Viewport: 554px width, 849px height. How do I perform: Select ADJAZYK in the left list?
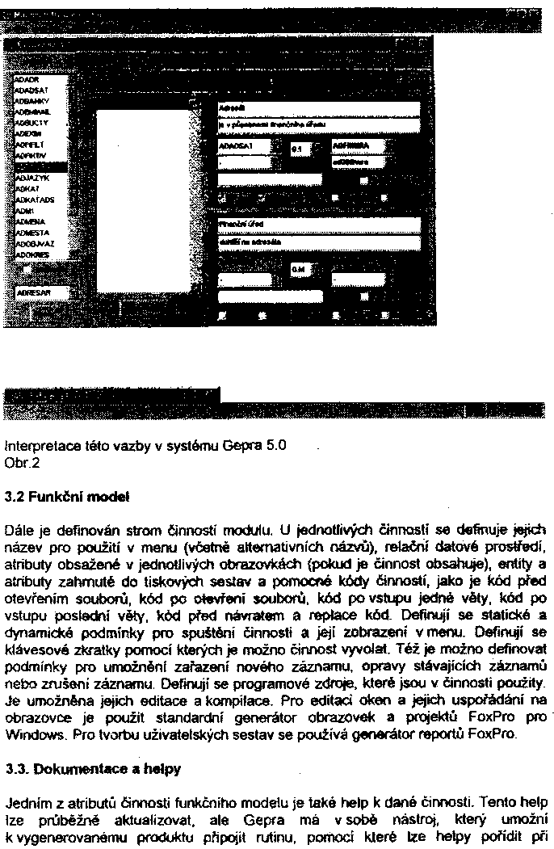[30, 173]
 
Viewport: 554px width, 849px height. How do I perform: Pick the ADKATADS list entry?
[34, 196]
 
